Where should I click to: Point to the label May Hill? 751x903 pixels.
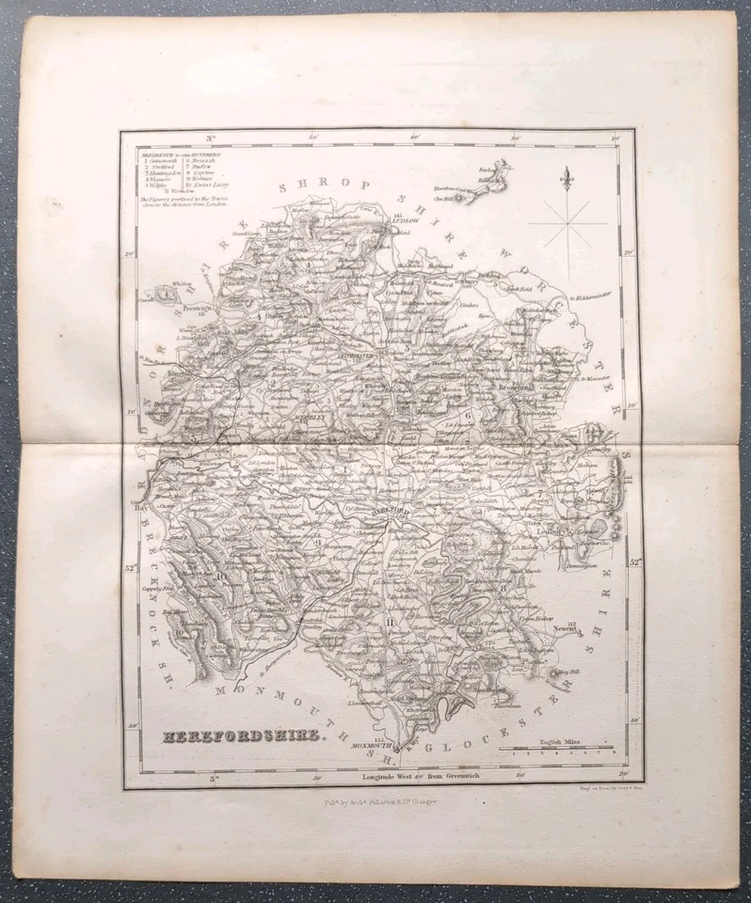click(566, 672)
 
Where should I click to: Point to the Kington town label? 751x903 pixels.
click(178, 373)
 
